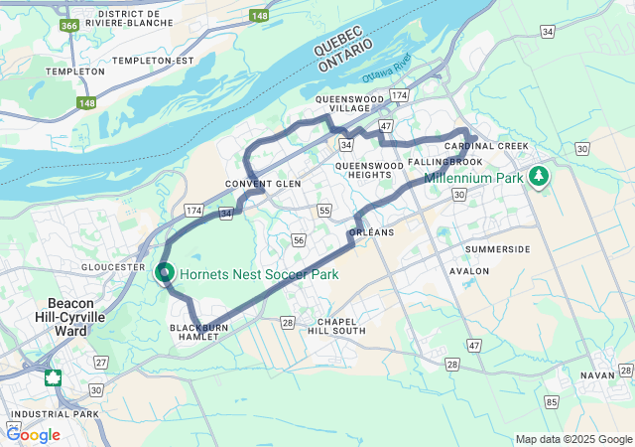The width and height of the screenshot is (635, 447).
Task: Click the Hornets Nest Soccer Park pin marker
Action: (165, 271)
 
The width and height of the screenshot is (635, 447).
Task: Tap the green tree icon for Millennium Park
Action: (539, 176)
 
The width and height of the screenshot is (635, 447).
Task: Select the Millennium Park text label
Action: (472, 179)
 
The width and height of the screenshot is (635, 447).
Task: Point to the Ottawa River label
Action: (385, 75)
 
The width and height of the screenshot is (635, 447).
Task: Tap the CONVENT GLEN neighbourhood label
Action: (263, 184)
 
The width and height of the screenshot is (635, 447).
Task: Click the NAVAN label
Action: (598, 375)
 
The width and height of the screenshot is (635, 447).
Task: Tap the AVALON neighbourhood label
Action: (469, 270)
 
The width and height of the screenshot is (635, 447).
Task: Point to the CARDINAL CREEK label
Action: (486, 146)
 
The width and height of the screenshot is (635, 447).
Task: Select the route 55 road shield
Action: (324, 210)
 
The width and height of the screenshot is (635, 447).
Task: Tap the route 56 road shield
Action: (299, 239)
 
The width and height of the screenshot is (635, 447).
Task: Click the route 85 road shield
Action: (551, 402)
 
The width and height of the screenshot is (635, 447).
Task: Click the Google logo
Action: (34, 434)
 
